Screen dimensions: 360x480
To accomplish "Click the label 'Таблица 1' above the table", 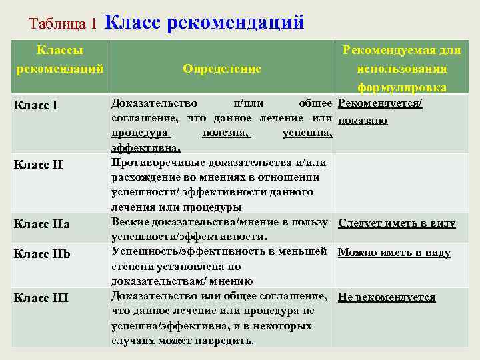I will [x=63, y=24].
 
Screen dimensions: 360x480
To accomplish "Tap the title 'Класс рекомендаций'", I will [x=204, y=22].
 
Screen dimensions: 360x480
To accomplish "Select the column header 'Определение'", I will [x=222, y=68].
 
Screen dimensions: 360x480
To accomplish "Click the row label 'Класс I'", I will [x=36, y=105].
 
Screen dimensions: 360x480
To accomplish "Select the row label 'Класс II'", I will [x=39, y=164].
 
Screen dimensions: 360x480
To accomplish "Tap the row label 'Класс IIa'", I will [x=41, y=224].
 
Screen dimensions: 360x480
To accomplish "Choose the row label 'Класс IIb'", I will [x=42, y=254].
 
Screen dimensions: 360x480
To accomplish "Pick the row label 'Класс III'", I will [x=41, y=297].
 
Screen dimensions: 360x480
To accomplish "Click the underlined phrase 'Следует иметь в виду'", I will [x=397, y=223].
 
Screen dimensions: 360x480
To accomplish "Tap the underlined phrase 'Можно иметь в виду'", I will [x=394, y=253].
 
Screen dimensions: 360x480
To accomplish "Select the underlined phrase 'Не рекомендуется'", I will [x=387, y=297].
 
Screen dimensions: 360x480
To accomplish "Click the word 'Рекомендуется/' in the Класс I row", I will [x=381, y=104].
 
